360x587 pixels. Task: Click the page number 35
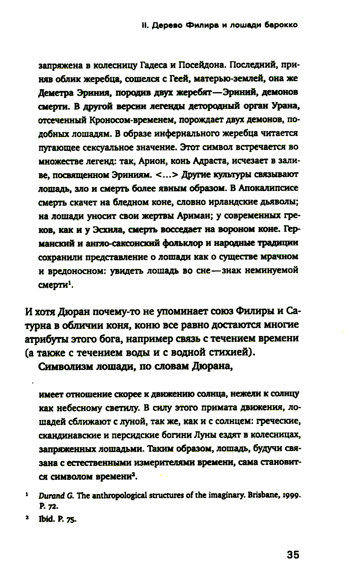tap(293, 555)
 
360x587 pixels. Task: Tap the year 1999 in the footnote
tap(291, 496)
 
